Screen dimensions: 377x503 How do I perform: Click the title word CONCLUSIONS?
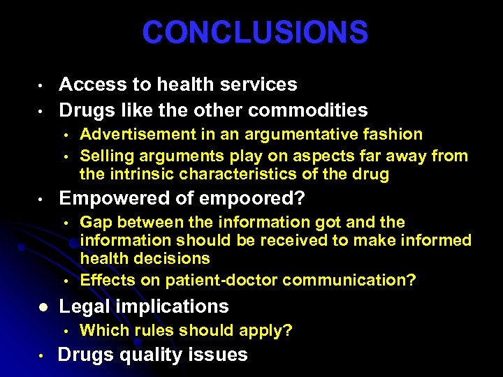tap(255, 32)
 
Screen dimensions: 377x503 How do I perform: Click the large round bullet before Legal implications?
tap(43, 307)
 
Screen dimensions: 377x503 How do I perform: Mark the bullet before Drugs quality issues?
tap(43, 356)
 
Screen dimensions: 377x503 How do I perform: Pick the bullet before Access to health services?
tap(43, 86)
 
